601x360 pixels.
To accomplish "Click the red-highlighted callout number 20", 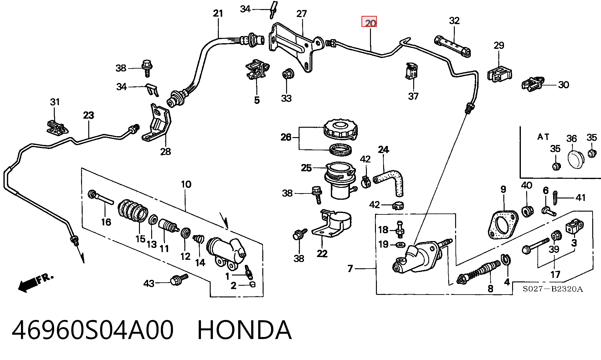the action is tap(369, 22).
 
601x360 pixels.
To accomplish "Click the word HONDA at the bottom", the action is tap(244, 330).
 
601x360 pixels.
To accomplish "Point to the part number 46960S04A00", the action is tap(93, 330).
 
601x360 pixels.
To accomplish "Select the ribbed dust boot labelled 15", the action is tap(133, 210).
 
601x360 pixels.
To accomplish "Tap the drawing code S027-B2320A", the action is tap(553, 289).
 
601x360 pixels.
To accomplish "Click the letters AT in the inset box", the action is tap(543, 137).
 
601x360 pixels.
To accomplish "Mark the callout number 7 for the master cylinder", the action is tap(350, 268).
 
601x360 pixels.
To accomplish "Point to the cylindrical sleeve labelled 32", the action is tap(453, 47).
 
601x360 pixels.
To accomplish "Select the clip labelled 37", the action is tap(411, 71).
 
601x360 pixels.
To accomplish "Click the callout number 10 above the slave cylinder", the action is tap(186, 184).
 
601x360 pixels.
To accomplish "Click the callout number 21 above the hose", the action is tap(218, 13).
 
